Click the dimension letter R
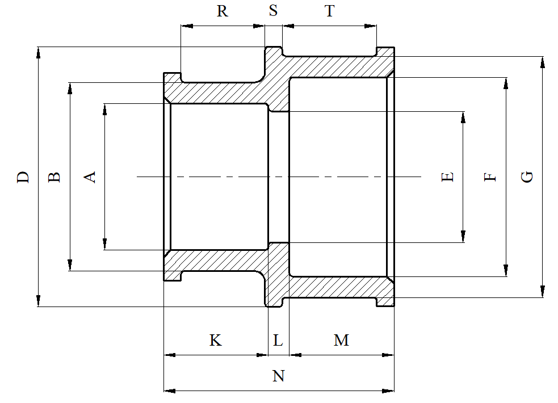[223, 11]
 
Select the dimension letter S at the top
[274, 11]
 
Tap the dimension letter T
[330, 11]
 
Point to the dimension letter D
[23, 177]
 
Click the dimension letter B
[54, 177]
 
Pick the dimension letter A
[90, 177]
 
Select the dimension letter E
[448, 177]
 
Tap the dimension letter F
[490, 177]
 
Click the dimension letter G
[527, 177]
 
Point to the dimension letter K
[215, 340]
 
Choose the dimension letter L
[278, 341]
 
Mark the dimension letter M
[341, 340]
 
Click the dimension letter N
[278, 376]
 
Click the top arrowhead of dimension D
[39, 52]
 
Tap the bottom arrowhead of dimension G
[543, 292]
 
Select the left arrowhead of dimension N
[169, 391]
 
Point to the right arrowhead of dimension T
[371, 26]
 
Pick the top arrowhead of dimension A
[105, 109]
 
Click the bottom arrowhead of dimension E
[464, 237]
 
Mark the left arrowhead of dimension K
[169, 355]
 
